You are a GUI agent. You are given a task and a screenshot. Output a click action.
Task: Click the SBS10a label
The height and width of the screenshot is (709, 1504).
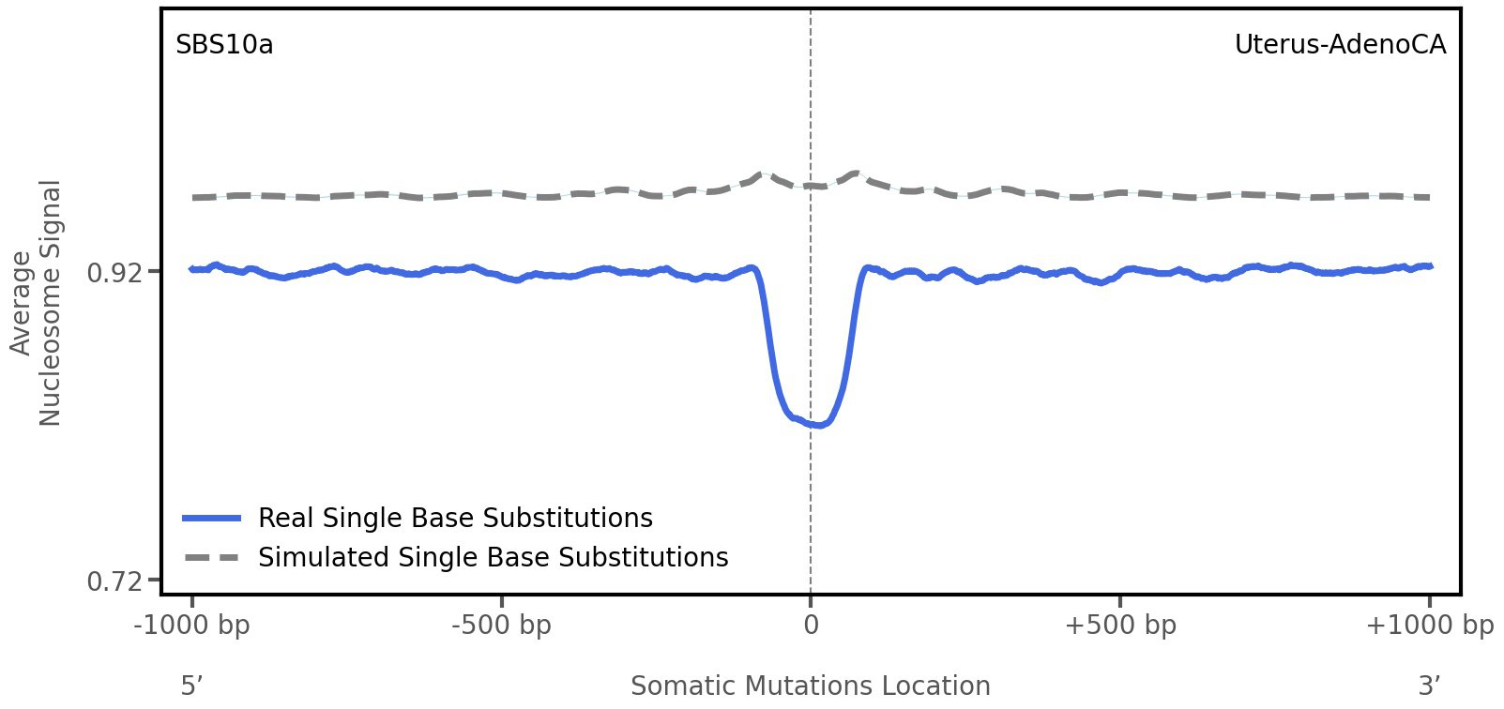coord(224,45)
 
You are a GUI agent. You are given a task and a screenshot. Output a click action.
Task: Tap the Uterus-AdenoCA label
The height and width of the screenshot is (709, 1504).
coord(1340,45)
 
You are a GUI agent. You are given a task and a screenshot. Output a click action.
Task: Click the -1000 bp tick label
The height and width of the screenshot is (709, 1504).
coord(192,626)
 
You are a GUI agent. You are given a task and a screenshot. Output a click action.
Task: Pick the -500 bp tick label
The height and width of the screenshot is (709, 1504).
coord(501,626)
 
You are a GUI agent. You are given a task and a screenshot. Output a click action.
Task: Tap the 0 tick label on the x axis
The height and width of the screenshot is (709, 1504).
coord(811,626)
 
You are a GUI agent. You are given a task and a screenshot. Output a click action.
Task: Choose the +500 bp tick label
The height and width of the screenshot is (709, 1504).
coord(1119,626)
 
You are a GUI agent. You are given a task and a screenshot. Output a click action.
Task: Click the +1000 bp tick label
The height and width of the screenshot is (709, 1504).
coord(1429,626)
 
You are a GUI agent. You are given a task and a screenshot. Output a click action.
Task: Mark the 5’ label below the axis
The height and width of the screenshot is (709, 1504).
coord(191,686)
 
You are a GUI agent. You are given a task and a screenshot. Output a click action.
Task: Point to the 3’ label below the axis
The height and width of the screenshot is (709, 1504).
coord(1429,686)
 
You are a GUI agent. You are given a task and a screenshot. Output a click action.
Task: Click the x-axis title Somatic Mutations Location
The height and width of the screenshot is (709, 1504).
coord(810,686)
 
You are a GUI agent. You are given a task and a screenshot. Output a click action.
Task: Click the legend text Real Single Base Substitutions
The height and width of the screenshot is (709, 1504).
coord(455,519)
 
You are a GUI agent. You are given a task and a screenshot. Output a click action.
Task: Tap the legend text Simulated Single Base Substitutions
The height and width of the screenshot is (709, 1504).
coord(493,558)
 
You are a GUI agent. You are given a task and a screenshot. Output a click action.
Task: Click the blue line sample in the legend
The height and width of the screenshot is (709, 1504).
coord(213,519)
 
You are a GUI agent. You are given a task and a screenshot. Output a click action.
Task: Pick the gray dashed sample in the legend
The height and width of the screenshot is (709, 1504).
coord(213,558)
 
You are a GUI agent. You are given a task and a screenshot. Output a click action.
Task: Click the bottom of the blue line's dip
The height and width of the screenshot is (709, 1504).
coord(818,425)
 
